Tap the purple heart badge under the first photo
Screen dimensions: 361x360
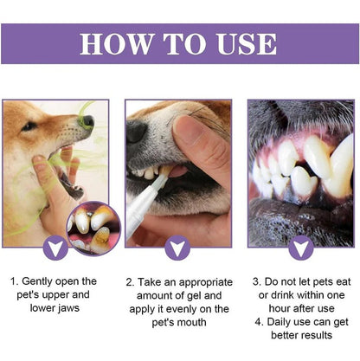(x=58, y=248)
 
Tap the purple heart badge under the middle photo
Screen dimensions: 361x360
(x=179, y=248)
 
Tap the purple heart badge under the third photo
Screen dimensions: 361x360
(x=300, y=248)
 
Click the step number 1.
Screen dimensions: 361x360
(x=13, y=282)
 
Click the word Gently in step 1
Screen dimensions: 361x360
(x=37, y=282)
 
